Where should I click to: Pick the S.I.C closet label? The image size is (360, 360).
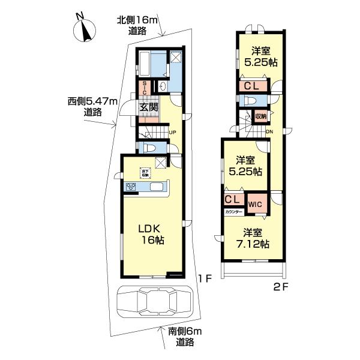pos(145,89)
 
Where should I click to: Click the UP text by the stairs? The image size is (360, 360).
pos(172,133)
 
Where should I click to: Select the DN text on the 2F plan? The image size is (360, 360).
pos(269,132)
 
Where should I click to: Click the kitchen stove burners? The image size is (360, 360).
pos(131,187)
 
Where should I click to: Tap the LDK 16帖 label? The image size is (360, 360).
pos(152,235)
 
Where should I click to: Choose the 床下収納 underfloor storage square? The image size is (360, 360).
pos(145,172)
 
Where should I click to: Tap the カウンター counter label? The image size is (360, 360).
pos(233,212)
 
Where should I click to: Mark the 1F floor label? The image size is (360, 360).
pos(205,278)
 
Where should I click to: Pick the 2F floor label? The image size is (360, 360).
pos(282,287)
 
